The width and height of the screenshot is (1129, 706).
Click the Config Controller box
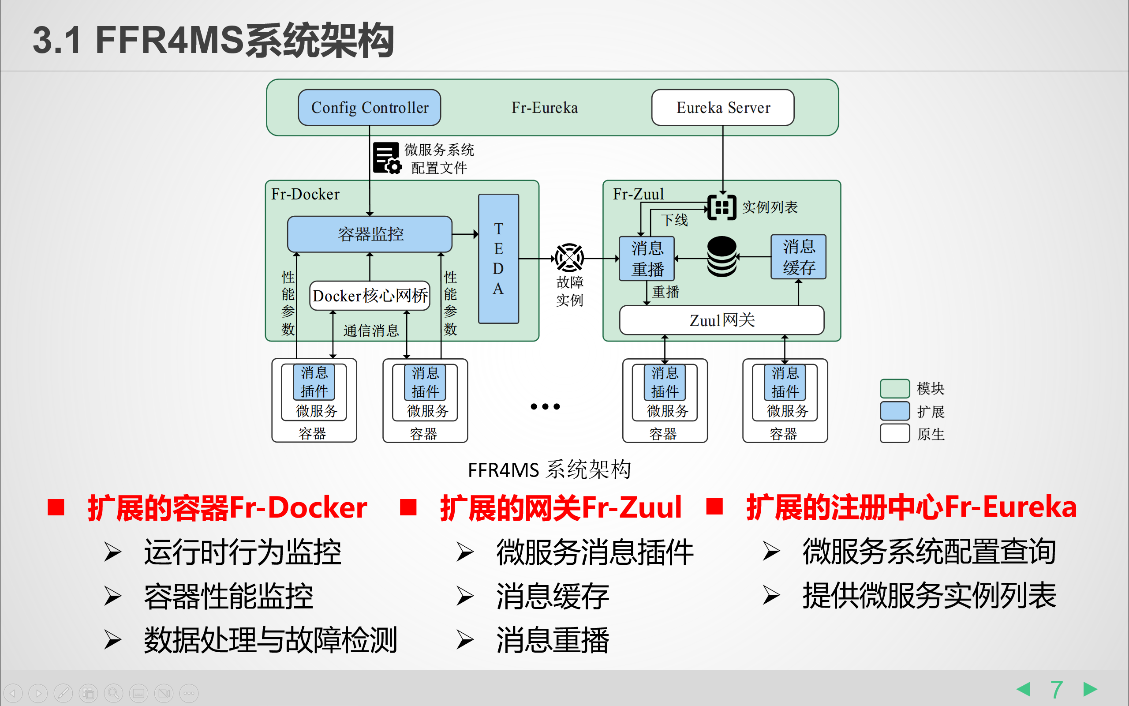(369, 107)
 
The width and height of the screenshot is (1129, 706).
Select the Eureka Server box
(722, 107)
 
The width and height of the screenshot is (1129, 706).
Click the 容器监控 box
(370, 234)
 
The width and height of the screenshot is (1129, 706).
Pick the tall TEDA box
(498, 259)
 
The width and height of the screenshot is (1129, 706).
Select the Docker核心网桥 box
(370, 296)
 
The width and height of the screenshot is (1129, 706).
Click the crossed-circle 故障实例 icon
(569, 257)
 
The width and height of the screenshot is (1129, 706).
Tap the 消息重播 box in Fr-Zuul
(647, 259)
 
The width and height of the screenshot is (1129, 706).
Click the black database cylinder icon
(722, 256)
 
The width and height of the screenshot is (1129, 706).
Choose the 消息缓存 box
(798, 257)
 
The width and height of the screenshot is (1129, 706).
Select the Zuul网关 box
(721, 320)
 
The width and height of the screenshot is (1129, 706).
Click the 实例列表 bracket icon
(722, 207)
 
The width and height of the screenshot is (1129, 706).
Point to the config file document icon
(387, 158)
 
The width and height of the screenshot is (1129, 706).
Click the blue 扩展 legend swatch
(894, 411)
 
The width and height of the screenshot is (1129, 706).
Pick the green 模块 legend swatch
(894, 388)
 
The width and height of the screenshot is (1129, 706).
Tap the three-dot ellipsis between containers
(545, 407)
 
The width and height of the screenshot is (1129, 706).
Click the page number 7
(1056, 689)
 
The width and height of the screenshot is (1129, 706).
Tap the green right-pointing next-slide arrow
(1090, 689)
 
